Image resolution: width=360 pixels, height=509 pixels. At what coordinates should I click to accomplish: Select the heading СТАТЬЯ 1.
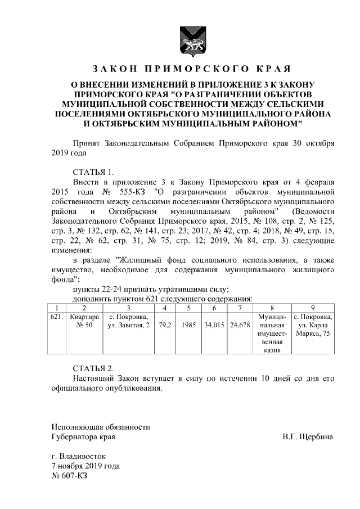(93, 172)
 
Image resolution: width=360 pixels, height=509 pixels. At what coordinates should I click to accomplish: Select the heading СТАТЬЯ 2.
(93, 368)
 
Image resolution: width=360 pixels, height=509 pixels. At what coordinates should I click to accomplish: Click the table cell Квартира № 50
(84, 322)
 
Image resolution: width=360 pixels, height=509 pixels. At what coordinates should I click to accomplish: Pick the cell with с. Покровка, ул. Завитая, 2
(128, 322)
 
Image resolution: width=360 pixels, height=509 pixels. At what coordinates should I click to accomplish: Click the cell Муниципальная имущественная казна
(272, 334)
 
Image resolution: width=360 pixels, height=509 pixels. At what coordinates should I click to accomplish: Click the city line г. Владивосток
(78, 456)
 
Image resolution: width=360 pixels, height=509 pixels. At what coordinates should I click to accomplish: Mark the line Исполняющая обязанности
(101, 427)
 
